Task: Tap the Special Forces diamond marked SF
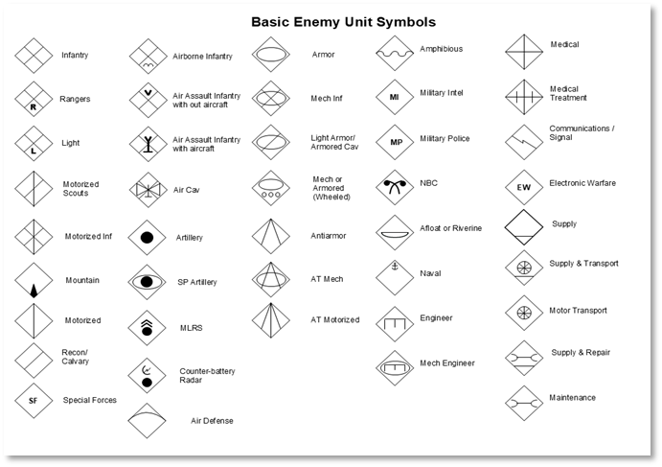tap(33, 400)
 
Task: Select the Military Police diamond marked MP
tap(394, 141)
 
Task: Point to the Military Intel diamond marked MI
tap(394, 97)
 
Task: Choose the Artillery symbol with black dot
tap(148, 237)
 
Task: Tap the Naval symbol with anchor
tap(394, 272)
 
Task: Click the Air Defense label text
tap(212, 420)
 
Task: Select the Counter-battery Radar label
tap(207, 374)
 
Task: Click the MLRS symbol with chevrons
tap(148, 327)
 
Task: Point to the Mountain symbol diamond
tap(33, 282)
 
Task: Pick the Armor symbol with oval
tap(271, 56)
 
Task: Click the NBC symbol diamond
tap(394, 185)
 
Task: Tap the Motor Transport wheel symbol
tap(523, 313)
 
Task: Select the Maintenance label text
tap(572, 398)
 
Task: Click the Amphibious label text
tap(441, 49)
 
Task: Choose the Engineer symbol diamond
tap(394, 320)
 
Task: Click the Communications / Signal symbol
tap(523, 140)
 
